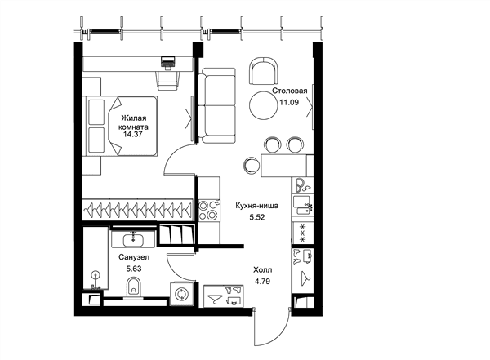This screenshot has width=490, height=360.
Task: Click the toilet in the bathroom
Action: (x=134, y=288)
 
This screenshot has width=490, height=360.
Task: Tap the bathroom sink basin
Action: (x=133, y=240)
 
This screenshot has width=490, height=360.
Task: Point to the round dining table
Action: (x=264, y=104)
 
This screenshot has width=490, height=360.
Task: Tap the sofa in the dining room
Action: (x=217, y=105)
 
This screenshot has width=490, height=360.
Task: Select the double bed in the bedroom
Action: (x=122, y=126)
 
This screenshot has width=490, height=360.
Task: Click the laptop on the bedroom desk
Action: (x=168, y=61)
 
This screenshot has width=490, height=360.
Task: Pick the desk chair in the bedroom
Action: (x=168, y=80)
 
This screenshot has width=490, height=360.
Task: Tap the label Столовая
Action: (x=290, y=91)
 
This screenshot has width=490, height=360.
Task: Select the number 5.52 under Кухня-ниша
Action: (x=257, y=217)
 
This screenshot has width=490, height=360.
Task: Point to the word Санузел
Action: (x=134, y=257)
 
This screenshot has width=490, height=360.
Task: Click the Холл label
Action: (x=262, y=269)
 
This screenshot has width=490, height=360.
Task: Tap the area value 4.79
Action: (x=262, y=282)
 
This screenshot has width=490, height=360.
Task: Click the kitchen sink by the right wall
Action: (x=302, y=206)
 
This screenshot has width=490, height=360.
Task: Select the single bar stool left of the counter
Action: (x=252, y=165)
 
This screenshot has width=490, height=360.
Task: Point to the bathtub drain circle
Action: (x=96, y=275)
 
